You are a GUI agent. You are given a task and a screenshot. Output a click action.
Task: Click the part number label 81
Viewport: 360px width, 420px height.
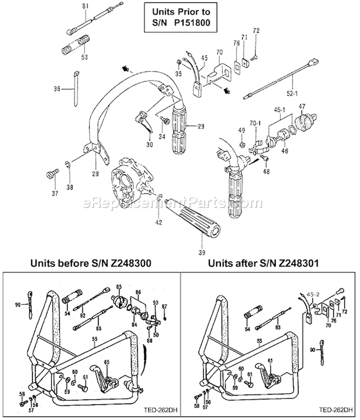86,6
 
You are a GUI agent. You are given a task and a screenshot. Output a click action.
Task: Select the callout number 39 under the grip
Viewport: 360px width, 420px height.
202,252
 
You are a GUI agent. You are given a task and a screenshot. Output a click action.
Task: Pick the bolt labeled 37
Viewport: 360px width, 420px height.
49,174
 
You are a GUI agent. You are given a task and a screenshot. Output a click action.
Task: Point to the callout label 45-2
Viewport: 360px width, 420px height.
313,295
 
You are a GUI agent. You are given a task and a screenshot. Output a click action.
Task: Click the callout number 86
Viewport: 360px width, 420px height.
138,292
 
